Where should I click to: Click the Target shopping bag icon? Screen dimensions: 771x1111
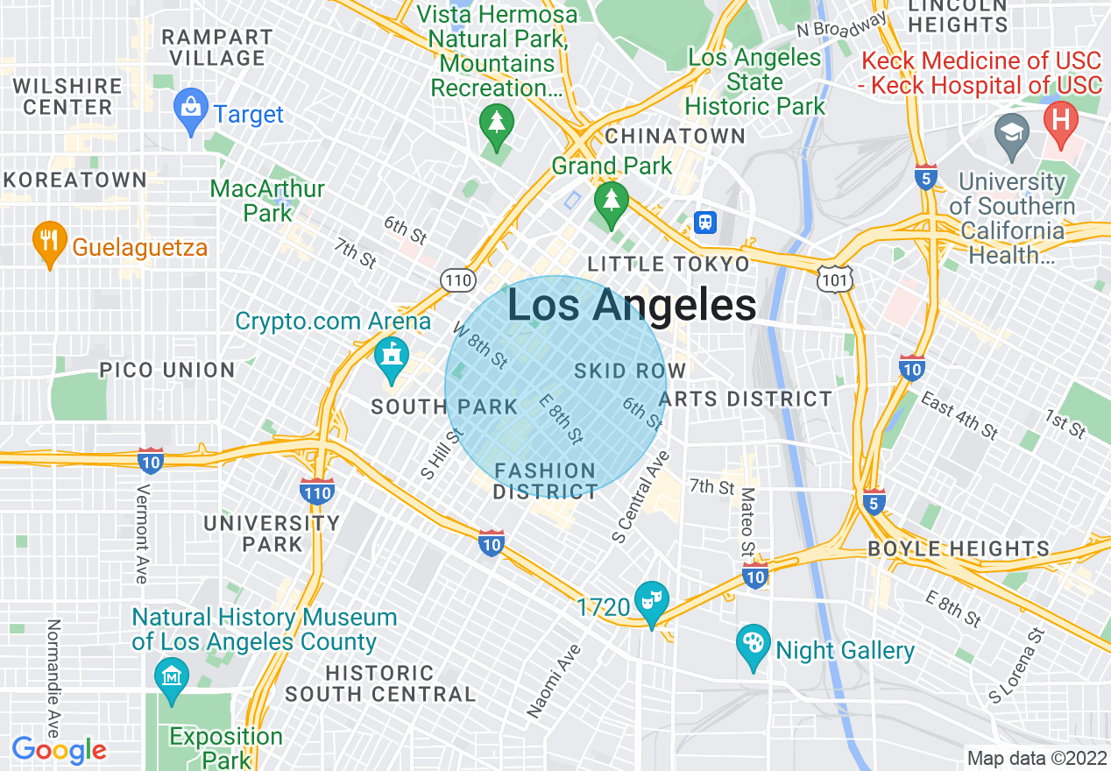click(x=190, y=110)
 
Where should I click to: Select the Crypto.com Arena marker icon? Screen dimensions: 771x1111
click(x=391, y=357)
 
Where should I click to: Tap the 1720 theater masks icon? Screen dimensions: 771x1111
click(x=651, y=601)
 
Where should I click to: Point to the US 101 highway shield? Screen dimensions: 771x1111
click(x=831, y=279)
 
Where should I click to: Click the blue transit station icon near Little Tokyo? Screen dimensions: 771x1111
click(x=704, y=222)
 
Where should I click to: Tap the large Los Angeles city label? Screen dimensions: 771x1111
click(x=631, y=306)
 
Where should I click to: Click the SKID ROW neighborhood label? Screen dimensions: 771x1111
click(x=629, y=371)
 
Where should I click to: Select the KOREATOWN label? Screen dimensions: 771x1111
click(x=74, y=180)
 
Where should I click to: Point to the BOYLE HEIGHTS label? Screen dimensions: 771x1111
click(x=959, y=549)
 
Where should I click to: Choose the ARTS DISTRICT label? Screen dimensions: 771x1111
click(x=745, y=400)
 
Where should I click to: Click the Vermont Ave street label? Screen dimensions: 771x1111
click(x=141, y=532)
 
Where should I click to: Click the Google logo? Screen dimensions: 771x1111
click(x=59, y=750)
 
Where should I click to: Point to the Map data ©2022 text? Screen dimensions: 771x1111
click(x=1036, y=758)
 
